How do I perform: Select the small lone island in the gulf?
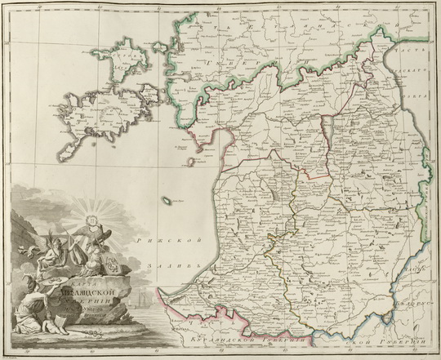point(167,202)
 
